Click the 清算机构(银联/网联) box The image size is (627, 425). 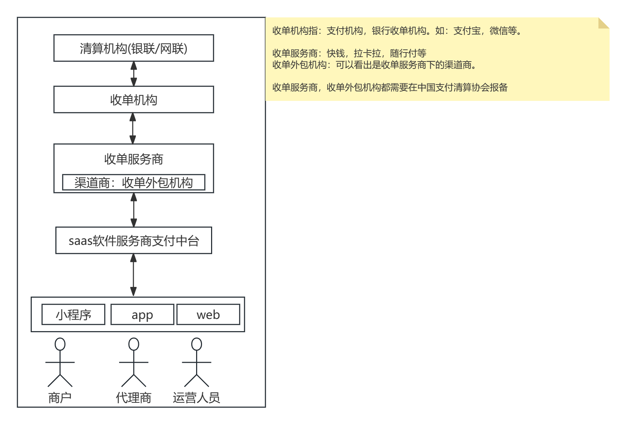(x=133, y=48)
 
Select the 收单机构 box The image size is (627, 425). (x=133, y=100)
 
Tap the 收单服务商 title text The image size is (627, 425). (x=133, y=159)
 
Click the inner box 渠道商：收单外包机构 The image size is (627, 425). (x=133, y=183)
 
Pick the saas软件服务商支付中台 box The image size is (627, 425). (x=133, y=241)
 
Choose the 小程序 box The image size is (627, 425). (x=73, y=315)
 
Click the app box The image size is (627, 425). (x=142, y=315)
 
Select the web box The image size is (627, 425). (x=208, y=315)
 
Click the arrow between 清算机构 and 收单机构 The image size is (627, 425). (x=133, y=74)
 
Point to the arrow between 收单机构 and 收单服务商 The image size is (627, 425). (x=133, y=128)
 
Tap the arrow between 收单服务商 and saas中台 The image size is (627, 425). (x=133, y=210)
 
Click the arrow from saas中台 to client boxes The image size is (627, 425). (x=133, y=275)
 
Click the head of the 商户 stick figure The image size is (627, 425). (x=60, y=344)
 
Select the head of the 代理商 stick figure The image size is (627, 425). (x=133, y=344)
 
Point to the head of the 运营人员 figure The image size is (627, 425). (x=196, y=344)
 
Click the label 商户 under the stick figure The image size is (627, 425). (x=60, y=398)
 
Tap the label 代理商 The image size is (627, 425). (x=133, y=398)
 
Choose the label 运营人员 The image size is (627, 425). (x=196, y=398)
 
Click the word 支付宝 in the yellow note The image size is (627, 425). (x=467, y=31)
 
